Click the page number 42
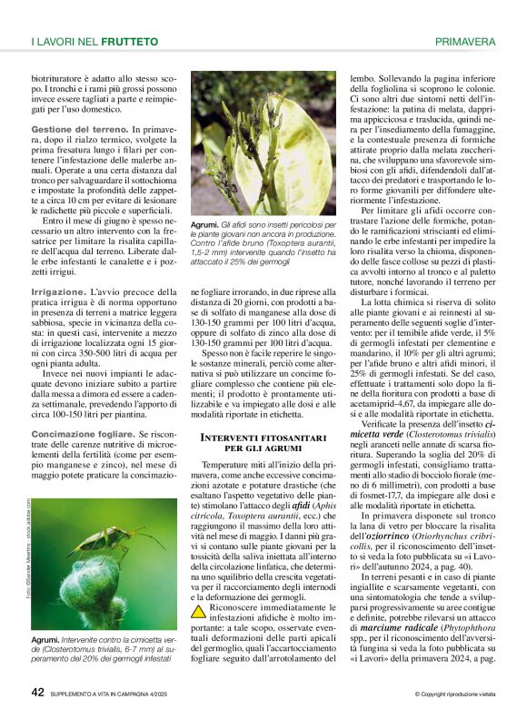click(x=38, y=692)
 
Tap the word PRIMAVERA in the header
click(x=465, y=42)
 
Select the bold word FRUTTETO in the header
click(x=132, y=42)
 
